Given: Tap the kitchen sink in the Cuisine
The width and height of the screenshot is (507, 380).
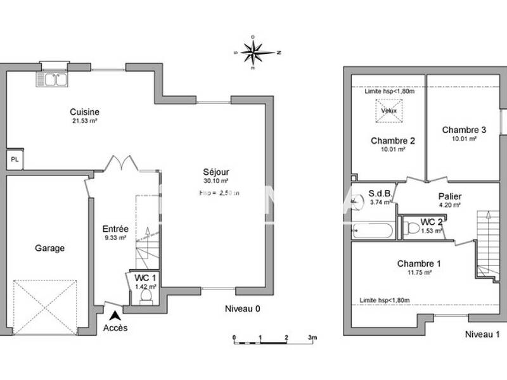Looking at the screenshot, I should (x=54, y=79).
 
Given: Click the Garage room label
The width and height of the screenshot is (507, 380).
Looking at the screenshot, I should (x=49, y=248).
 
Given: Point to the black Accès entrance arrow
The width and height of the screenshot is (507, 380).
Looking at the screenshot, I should (x=115, y=315).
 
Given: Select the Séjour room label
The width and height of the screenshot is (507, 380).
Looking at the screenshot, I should (x=216, y=172).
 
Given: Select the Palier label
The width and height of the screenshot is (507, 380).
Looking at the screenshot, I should (x=450, y=196).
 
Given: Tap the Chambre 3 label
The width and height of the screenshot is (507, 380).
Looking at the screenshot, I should (x=463, y=130).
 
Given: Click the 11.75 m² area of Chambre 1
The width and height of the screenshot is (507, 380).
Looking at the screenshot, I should (x=419, y=272).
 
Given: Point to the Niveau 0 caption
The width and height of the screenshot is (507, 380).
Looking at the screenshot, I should (x=242, y=309).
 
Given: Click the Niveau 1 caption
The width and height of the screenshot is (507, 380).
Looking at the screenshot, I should (x=482, y=334).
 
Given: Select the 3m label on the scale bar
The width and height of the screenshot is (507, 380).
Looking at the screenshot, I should (x=312, y=338).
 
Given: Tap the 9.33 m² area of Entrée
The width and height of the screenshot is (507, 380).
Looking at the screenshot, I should (x=115, y=238).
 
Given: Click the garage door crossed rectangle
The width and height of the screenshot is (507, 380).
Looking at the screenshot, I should (x=44, y=307).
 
